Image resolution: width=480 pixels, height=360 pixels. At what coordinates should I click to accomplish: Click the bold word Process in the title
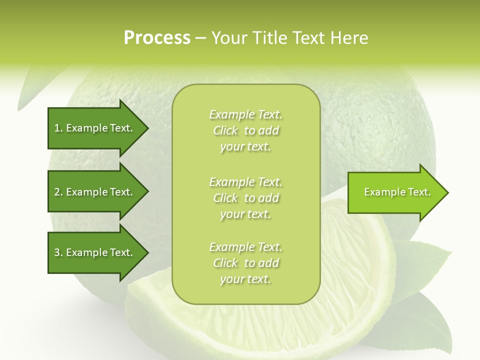tap(157, 38)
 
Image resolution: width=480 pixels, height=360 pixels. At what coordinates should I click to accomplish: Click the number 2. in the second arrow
tap(58, 192)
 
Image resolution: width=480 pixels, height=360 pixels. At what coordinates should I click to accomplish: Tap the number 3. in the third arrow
tap(58, 252)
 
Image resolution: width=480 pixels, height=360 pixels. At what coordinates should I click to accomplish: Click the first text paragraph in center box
tap(245, 130)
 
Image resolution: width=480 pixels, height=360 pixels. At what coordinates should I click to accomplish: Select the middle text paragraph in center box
tap(245, 198)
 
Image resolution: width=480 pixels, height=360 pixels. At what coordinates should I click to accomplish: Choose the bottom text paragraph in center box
tap(245, 263)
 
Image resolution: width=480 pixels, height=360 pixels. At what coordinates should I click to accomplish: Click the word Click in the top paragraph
tap(225, 130)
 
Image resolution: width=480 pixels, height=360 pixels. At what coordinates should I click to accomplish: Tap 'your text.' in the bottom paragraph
tap(245, 279)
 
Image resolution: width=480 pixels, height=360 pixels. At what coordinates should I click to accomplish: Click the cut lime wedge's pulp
tap(350, 280)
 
